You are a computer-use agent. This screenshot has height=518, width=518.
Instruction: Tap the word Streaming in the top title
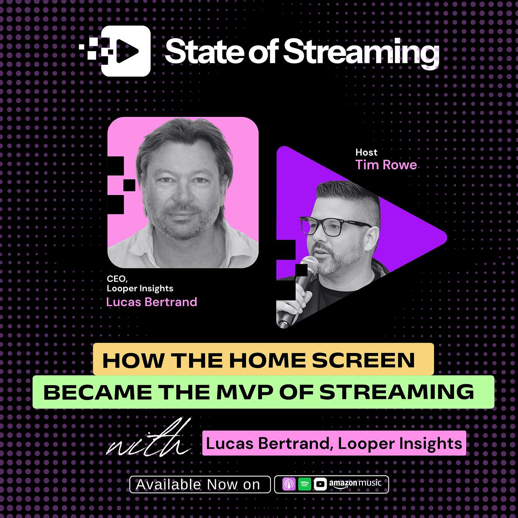coord(361,53)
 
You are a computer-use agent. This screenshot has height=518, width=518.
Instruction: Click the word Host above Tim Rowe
coord(366,152)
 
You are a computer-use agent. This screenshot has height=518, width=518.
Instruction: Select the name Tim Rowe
coord(386,165)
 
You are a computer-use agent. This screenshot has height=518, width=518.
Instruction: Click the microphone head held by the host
coord(310,265)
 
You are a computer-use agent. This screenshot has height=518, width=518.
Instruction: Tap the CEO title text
coord(117,279)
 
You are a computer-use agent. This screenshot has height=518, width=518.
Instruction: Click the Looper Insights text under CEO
coord(140,289)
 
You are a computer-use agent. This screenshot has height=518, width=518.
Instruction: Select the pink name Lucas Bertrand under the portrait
coord(152,302)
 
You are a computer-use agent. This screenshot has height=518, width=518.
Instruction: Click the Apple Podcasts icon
coord(289,484)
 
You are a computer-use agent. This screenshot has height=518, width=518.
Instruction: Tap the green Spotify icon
coord(305,484)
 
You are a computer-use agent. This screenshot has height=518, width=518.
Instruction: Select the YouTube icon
coord(320,484)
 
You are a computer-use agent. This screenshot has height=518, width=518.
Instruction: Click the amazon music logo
coord(355,484)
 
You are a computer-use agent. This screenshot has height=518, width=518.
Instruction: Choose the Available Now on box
coord(200,485)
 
